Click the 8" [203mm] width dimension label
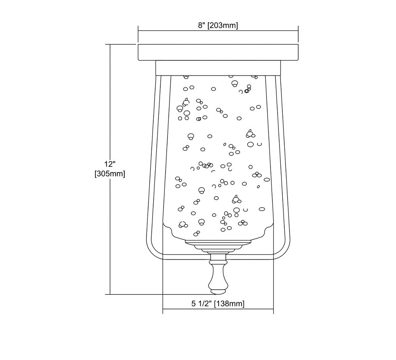pyautogui.click(x=218, y=25)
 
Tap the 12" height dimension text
pyautogui.click(x=110, y=164)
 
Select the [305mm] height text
pyautogui.click(x=110, y=174)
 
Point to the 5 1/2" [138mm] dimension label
pyautogui.click(x=218, y=303)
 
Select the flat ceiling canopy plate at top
pyautogui.click(x=218, y=52)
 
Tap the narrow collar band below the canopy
pyautogui.click(x=218, y=68)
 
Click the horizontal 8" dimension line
pyautogui.click(x=218, y=31)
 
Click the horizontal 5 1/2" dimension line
pyautogui.click(x=218, y=309)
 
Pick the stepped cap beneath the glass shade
pyautogui.click(x=218, y=246)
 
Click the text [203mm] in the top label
pyautogui.click(x=223, y=25)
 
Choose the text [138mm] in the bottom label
pyautogui.click(x=229, y=303)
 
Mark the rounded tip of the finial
pyautogui.click(x=218, y=292)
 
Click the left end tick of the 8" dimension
pyautogui.click(x=138, y=34)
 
